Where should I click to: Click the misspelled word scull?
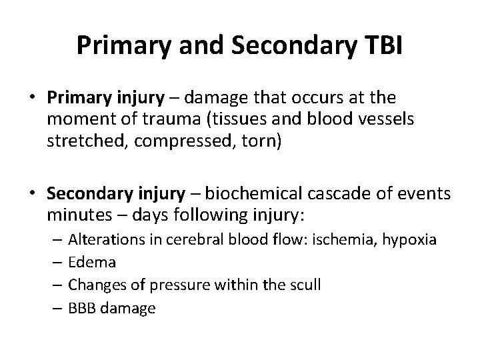point(305,285)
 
